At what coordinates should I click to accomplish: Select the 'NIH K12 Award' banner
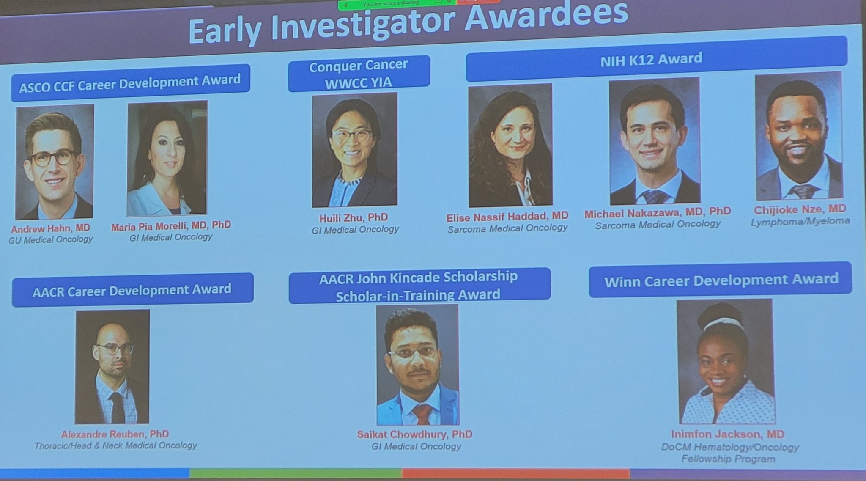[x=657, y=58]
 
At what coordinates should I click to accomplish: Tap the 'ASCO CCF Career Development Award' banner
[x=130, y=82]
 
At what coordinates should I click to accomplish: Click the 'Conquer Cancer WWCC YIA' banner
[x=359, y=73]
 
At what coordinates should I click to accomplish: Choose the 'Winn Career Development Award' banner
[x=720, y=280]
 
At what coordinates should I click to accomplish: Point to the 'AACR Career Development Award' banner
[x=132, y=290]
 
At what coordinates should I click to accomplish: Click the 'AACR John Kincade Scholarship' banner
[x=419, y=286]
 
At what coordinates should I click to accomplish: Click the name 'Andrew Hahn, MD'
[x=50, y=228]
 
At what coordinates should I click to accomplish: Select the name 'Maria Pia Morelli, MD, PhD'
[x=171, y=225]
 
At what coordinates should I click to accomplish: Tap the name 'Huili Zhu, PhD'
[x=354, y=218]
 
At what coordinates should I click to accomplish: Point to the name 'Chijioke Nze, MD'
[x=800, y=209]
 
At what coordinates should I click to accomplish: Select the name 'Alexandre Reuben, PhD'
[x=115, y=434]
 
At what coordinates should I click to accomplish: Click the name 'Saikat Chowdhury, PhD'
[x=414, y=434]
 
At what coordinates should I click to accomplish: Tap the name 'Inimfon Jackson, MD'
[x=728, y=434]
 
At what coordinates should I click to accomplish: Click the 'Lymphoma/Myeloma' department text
[x=800, y=221]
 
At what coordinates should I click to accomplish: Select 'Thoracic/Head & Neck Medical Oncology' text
[x=115, y=445]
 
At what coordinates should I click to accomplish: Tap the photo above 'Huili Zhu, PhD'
[x=354, y=150]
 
